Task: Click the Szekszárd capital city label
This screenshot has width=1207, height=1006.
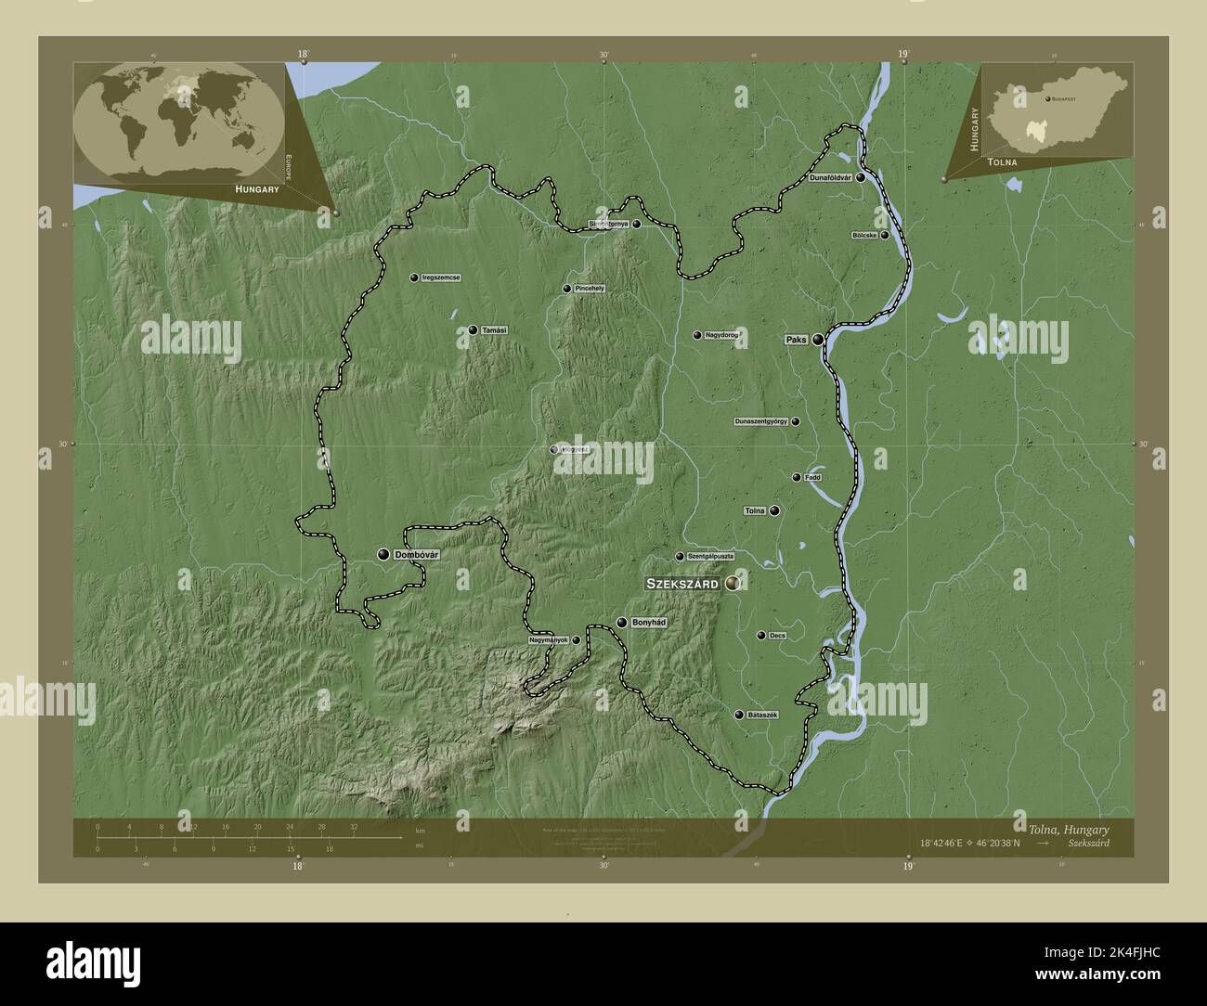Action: click(681, 584)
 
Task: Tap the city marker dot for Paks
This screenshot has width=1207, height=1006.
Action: click(818, 340)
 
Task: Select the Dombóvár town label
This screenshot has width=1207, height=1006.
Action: click(416, 554)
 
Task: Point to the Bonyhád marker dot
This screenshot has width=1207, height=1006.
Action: click(621, 623)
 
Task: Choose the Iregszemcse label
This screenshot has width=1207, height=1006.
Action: click(441, 277)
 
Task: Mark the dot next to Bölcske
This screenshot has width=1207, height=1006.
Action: click(885, 235)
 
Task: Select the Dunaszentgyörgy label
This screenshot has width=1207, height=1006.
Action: click(760, 421)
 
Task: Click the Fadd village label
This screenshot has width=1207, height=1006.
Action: click(812, 477)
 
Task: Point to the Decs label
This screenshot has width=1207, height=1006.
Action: click(777, 636)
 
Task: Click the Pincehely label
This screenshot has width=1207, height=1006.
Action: click(590, 289)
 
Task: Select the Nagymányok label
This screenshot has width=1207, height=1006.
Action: click(547, 639)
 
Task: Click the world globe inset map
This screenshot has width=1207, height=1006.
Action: click(179, 120)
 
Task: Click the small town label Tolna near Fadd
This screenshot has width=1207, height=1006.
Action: click(755, 510)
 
